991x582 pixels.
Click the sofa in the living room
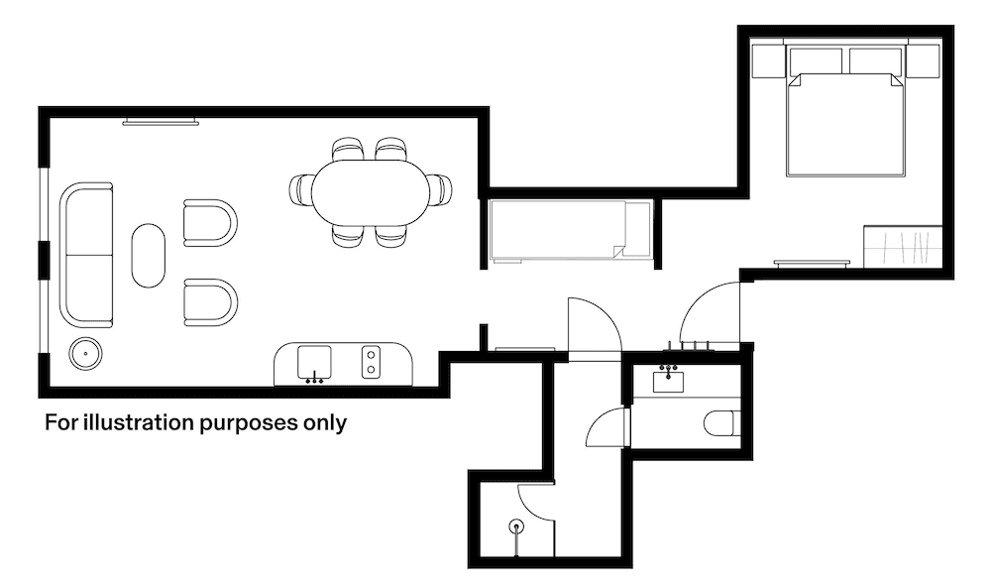(86, 254)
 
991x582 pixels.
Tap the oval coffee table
(149, 255)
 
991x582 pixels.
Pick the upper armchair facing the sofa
(209, 223)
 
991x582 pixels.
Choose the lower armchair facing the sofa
(209, 301)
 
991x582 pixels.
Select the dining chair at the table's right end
(440, 188)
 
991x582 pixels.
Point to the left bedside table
(769, 60)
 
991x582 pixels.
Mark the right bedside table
(924, 60)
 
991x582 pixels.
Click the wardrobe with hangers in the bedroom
(902, 247)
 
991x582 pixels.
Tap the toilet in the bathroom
(721, 423)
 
